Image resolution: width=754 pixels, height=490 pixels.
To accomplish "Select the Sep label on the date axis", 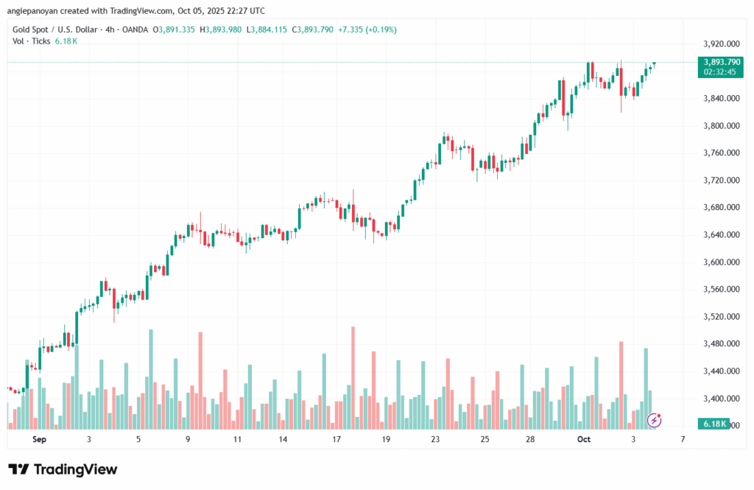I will click(40, 439).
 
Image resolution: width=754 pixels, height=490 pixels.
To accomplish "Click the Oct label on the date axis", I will click(584, 439).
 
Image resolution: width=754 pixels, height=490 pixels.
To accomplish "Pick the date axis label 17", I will click(336, 439).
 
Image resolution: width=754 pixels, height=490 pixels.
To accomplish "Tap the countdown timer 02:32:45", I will click(719, 72).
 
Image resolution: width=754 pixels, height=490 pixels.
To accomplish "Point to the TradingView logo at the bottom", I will click(63, 469).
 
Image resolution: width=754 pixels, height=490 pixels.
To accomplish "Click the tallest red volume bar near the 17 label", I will click(353, 377).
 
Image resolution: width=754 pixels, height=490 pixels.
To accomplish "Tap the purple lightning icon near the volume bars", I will click(654, 421).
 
